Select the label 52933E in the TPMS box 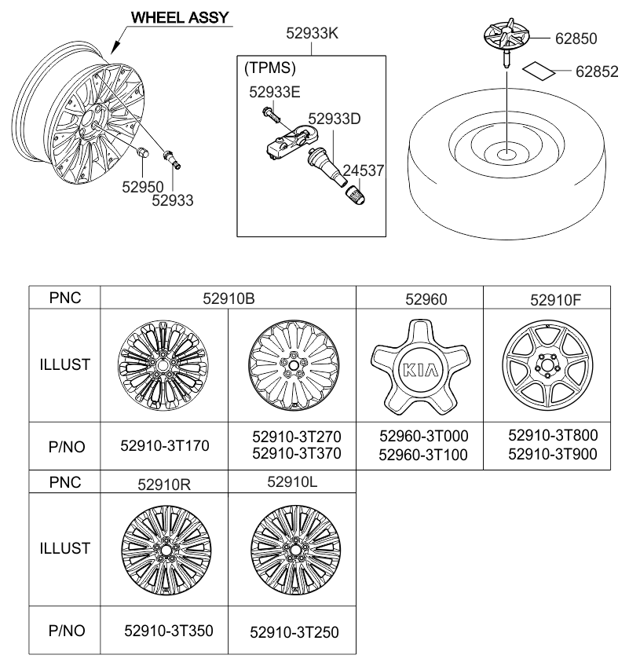coord(275,90)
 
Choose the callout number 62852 coord(597,71)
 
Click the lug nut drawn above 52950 coord(144,153)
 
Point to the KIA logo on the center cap coord(419,371)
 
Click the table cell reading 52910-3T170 coord(164,445)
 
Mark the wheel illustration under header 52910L coord(291,547)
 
